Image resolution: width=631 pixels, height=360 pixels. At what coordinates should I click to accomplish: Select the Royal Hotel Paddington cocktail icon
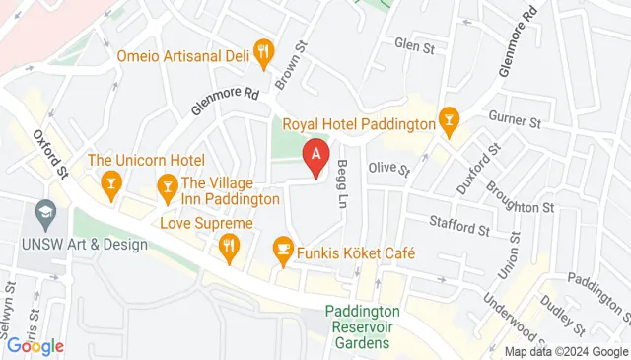pos(449,121)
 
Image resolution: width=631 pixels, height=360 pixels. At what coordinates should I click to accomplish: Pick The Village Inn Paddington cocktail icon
pos(168,184)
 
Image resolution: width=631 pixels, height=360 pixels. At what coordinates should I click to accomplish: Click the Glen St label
pos(414,45)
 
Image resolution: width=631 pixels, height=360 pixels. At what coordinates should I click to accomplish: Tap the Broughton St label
pos(520,198)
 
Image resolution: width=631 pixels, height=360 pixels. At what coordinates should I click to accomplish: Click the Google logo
pos(35,346)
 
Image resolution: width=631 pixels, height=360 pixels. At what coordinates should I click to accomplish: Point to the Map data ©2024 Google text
pos(565,352)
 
